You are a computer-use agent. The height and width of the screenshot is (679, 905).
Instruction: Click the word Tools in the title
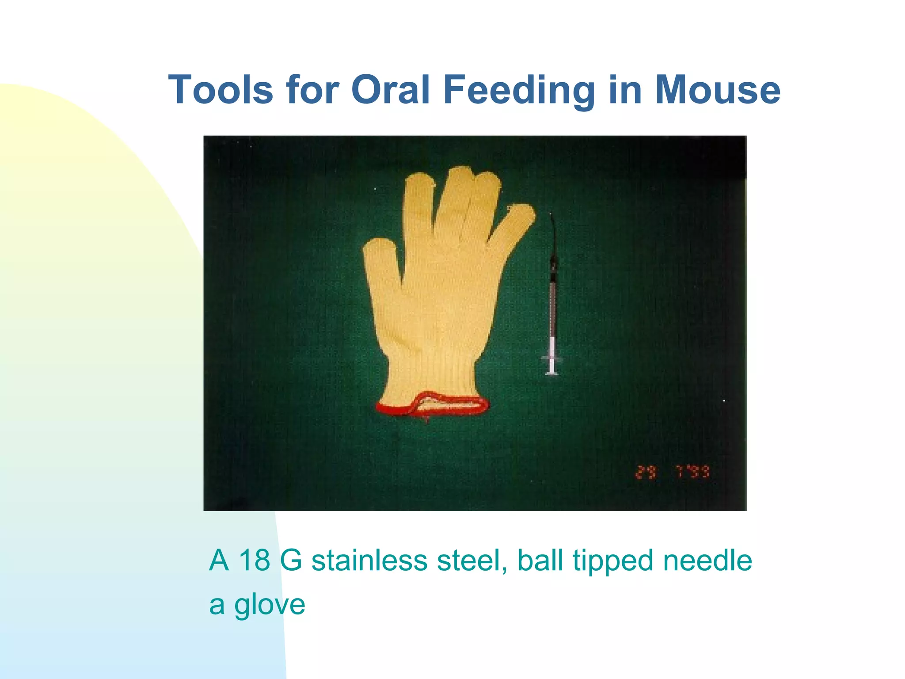pyautogui.click(x=221, y=90)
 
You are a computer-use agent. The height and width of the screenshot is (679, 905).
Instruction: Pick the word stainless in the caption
pyautogui.click(x=369, y=560)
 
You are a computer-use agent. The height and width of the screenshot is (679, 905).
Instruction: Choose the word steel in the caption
pyautogui.click(x=471, y=560)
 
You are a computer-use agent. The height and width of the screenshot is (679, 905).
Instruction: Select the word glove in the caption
pyautogui.click(x=270, y=605)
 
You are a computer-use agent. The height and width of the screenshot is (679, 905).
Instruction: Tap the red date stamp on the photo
pyautogui.click(x=672, y=473)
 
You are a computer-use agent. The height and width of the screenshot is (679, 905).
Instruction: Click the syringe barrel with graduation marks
pyautogui.click(x=552, y=309)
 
